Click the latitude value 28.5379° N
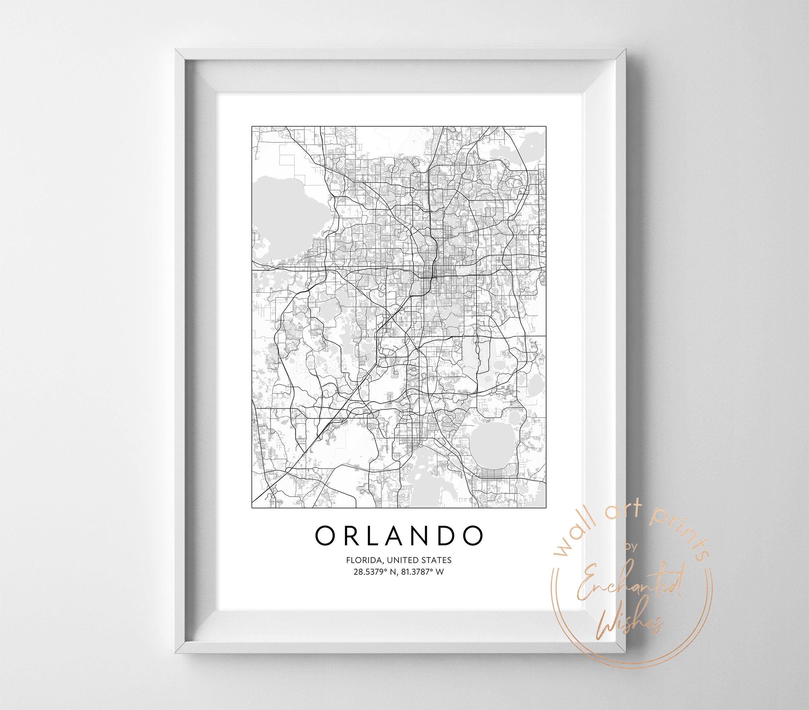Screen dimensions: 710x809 tap(375, 572)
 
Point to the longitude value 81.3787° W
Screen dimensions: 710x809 tap(423, 572)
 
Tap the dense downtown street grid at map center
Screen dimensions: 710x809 tap(429, 273)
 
